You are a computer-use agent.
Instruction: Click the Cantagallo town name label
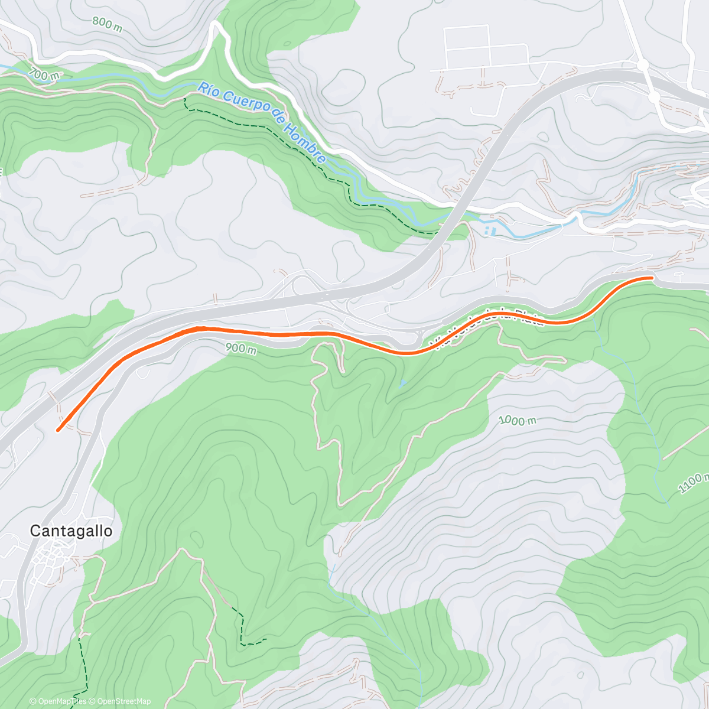71,531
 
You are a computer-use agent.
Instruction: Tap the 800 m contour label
106,24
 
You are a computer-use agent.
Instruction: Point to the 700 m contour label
44,74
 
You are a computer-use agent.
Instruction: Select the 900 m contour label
240,349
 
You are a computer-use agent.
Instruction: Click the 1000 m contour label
517,421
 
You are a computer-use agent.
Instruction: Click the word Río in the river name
210,90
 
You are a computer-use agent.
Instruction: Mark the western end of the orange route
58,430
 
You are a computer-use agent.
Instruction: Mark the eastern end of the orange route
651,277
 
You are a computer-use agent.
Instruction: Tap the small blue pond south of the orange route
402,383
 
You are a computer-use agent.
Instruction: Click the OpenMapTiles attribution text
57,701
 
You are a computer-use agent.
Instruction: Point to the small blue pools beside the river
487,229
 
